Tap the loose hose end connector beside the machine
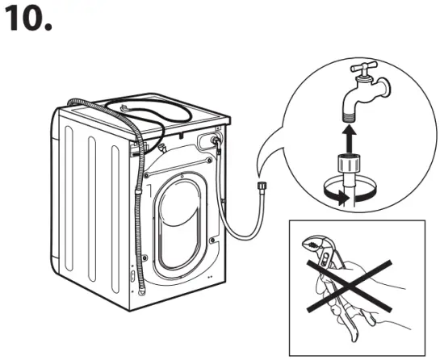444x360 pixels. [262, 186]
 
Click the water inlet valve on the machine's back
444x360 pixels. [216, 141]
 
